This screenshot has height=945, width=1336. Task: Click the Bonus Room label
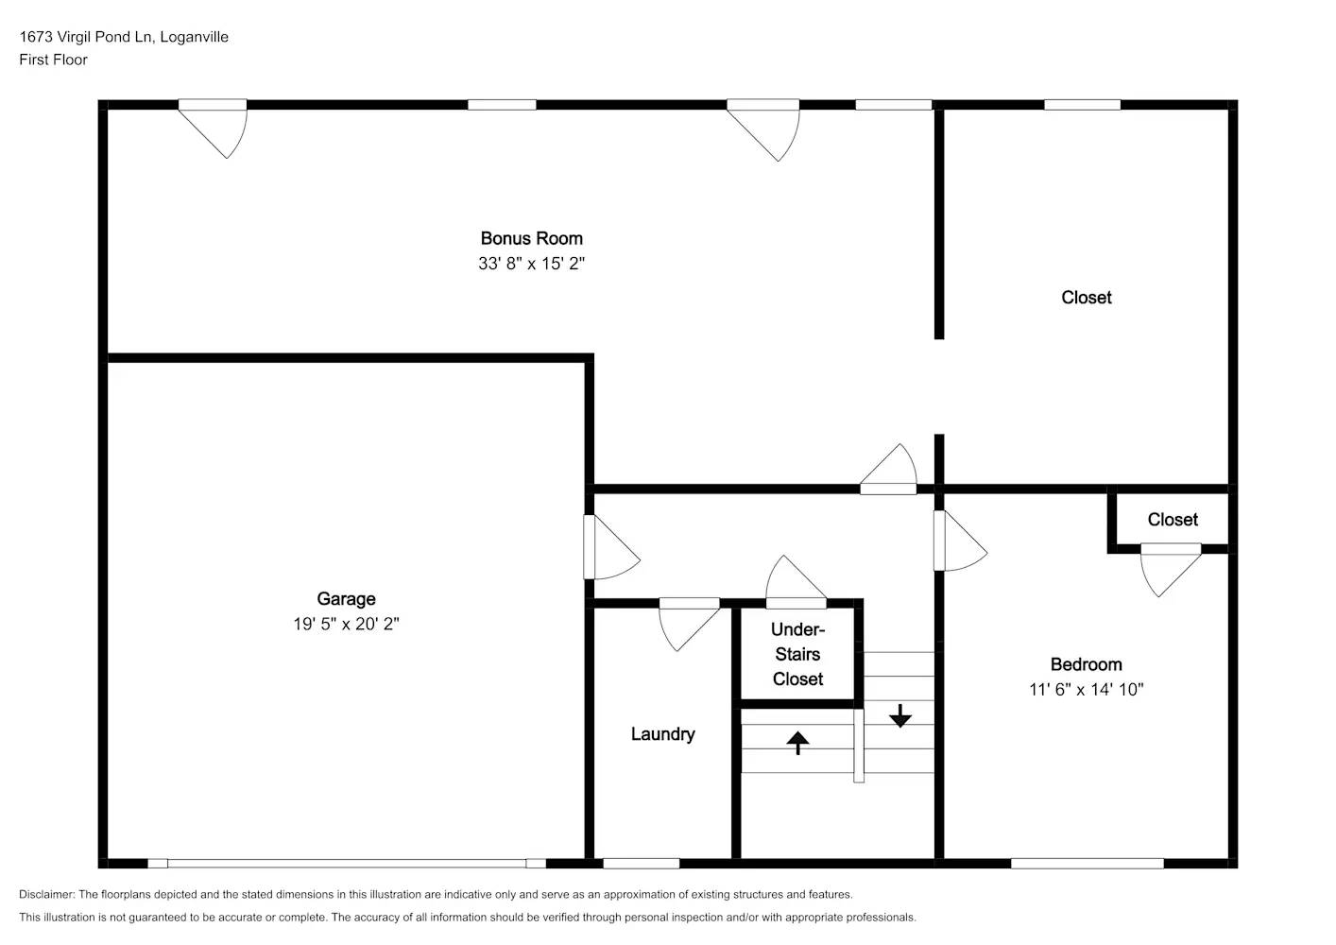[x=531, y=238]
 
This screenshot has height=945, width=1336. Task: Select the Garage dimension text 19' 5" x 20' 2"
[x=346, y=624]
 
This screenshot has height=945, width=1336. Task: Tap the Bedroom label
[x=1086, y=664]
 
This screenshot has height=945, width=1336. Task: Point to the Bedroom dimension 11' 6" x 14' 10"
[x=1086, y=690]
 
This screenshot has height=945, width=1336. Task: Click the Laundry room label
[x=662, y=734]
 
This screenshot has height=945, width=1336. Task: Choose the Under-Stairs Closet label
[x=797, y=654]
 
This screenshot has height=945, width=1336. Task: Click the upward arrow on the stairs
[x=797, y=742]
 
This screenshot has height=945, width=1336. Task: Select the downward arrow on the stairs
[x=899, y=716]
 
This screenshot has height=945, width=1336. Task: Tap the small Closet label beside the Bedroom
[x=1173, y=520]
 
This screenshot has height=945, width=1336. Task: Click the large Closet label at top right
[x=1086, y=298]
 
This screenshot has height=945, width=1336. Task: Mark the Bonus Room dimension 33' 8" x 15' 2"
[x=531, y=264]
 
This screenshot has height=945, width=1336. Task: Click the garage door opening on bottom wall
[x=346, y=863]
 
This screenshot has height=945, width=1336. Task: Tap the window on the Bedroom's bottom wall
[x=1087, y=863]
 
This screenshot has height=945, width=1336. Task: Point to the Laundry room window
[x=641, y=863]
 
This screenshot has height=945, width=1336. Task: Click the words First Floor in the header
[x=53, y=60]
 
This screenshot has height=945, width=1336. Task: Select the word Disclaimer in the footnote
[x=45, y=894]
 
